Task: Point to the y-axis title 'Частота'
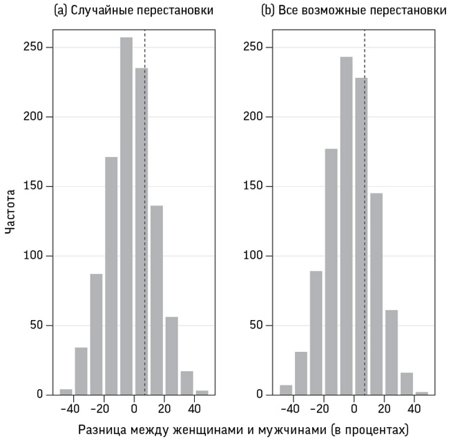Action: click(x=10, y=219)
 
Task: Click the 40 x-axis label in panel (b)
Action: click(x=414, y=408)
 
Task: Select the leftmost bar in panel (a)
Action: click(x=66, y=392)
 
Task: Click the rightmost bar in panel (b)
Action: click(x=422, y=393)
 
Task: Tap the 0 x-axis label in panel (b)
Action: click(x=354, y=408)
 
